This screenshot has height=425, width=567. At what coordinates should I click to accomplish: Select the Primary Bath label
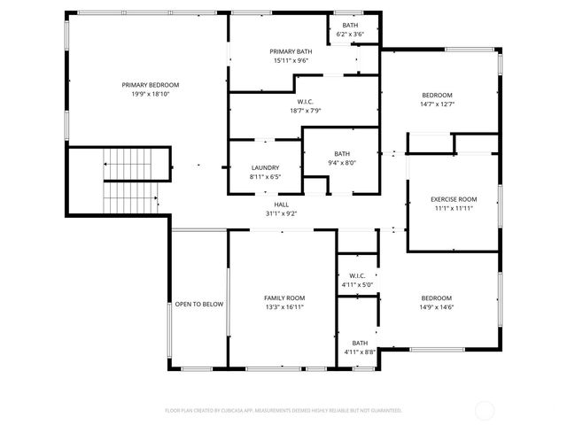pos(290,52)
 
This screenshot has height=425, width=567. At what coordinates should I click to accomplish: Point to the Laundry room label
pos(265,167)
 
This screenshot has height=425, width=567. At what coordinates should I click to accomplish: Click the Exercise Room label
pos(454,200)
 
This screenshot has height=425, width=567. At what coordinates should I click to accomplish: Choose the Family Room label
pos(283,298)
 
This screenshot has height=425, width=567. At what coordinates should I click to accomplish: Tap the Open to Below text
pos(198,304)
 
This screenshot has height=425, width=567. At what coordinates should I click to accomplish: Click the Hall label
pos(281,205)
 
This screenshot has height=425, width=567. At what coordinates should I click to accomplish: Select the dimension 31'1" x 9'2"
pos(281,212)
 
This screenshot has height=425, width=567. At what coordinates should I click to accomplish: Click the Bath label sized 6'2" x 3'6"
pos(351,25)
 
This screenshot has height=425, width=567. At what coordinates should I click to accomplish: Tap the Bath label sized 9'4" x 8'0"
pos(342,154)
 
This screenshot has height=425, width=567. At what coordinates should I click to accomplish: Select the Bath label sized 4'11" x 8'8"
pos(360,344)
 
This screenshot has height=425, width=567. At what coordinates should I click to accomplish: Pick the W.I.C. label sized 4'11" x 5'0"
pos(358,276)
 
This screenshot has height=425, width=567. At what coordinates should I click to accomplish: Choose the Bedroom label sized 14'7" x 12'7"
pos(437,96)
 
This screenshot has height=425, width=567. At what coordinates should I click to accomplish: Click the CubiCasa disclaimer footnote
pos(283,411)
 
